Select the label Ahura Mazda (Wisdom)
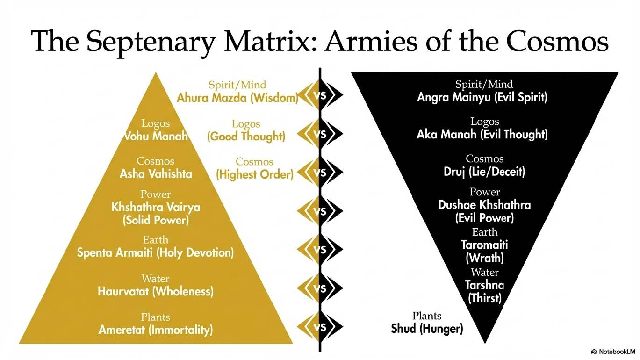237,98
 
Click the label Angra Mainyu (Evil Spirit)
482,97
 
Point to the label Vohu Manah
156,136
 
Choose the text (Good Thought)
246,136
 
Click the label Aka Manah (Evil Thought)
482,135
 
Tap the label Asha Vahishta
156,174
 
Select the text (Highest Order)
254,174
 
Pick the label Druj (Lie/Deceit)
484,172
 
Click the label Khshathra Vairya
156,207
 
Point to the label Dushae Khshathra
484,205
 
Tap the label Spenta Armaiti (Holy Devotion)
155,253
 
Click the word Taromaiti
484,245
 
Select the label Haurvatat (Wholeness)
155,291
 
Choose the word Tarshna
484,285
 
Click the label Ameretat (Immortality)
155,330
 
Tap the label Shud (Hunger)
427,329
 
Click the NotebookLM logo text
613,351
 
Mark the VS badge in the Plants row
320,327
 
